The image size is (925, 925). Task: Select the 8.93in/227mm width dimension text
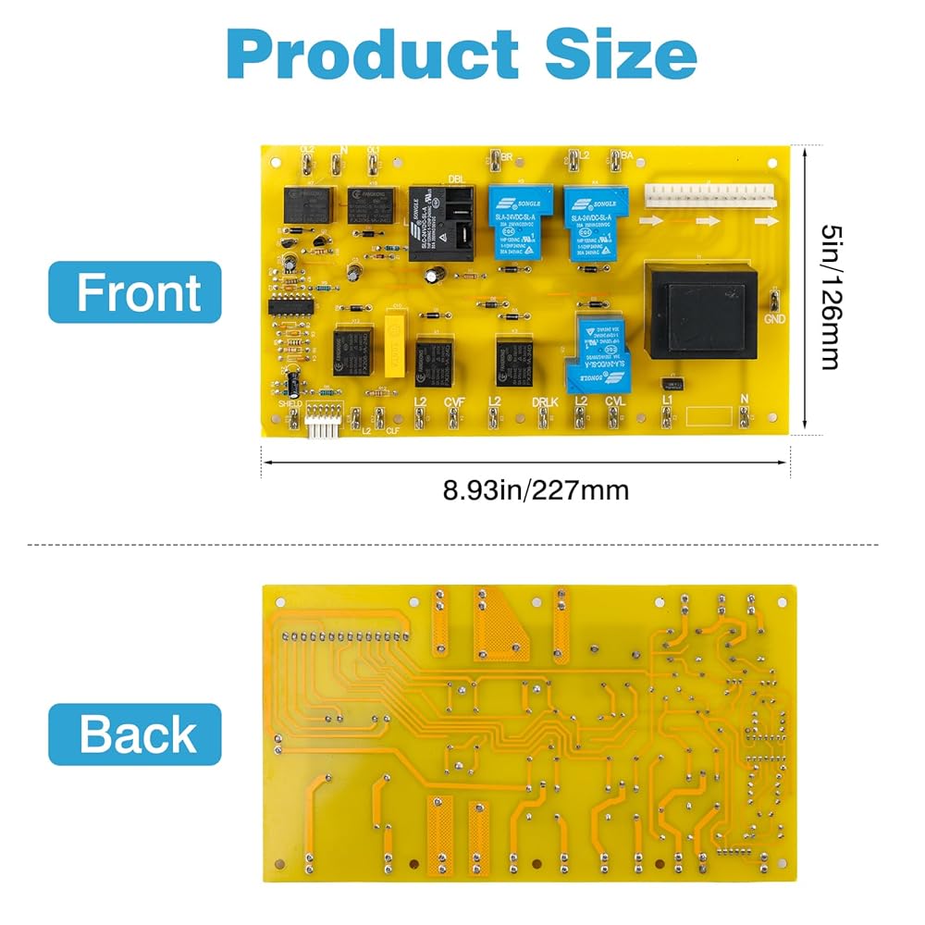click(536, 489)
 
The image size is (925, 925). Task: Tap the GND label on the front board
click(773, 320)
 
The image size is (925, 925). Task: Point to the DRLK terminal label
click(545, 401)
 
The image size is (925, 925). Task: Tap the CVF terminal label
click(453, 401)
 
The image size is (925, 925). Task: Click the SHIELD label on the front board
click(291, 403)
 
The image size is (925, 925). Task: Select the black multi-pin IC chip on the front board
click(290, 305)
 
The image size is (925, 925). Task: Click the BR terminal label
click(506, 155)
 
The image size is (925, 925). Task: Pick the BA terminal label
click(625, 155)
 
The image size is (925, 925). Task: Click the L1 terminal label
click(665, 399)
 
